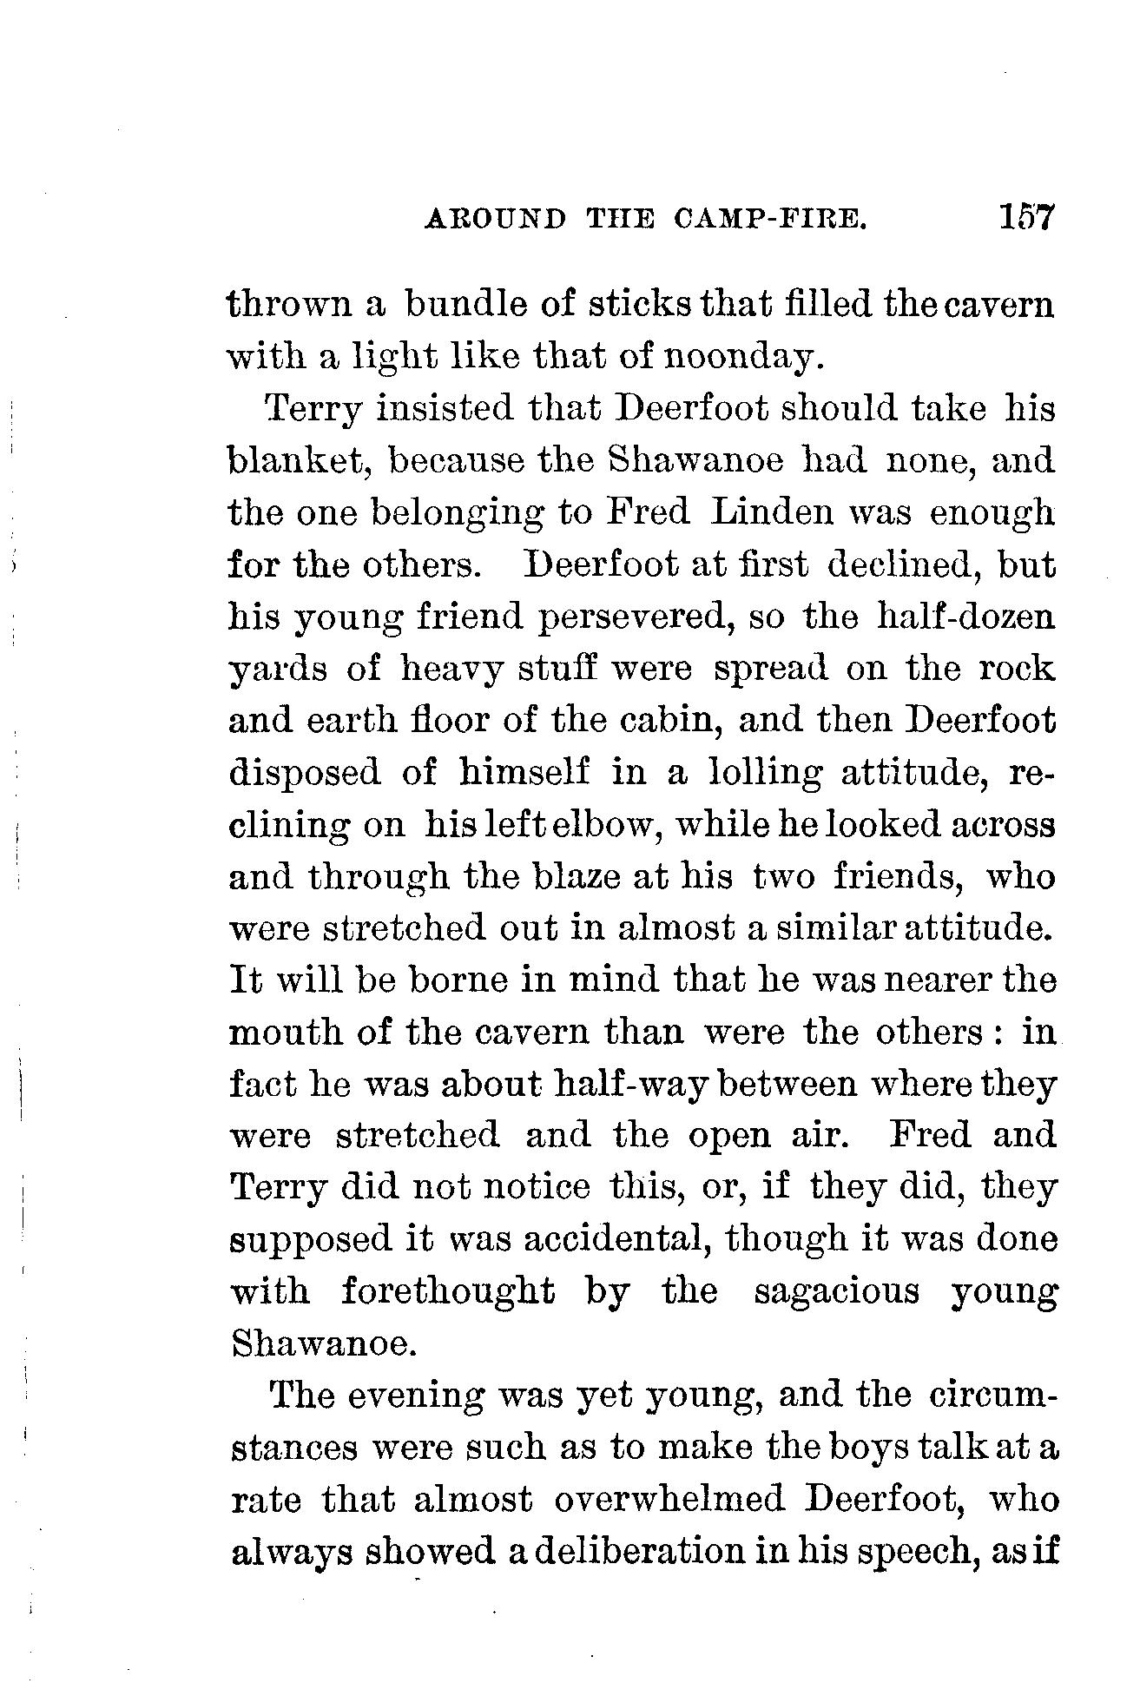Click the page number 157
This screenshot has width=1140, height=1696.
(x=1025, y=216)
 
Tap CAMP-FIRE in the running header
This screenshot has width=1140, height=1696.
(x=770, y=219)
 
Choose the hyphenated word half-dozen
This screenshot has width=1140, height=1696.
(x=966, y=617)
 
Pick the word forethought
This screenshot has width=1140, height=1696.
(x=446, y=1291)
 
